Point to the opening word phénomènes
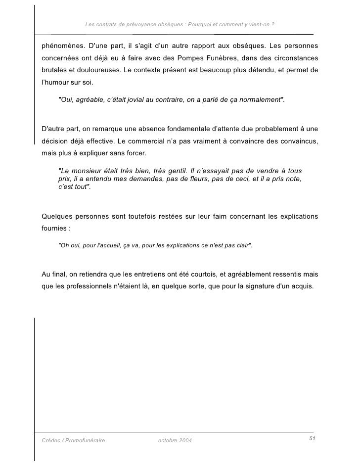point(62,47)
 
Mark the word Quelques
point(57,217)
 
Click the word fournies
point(54,229)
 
